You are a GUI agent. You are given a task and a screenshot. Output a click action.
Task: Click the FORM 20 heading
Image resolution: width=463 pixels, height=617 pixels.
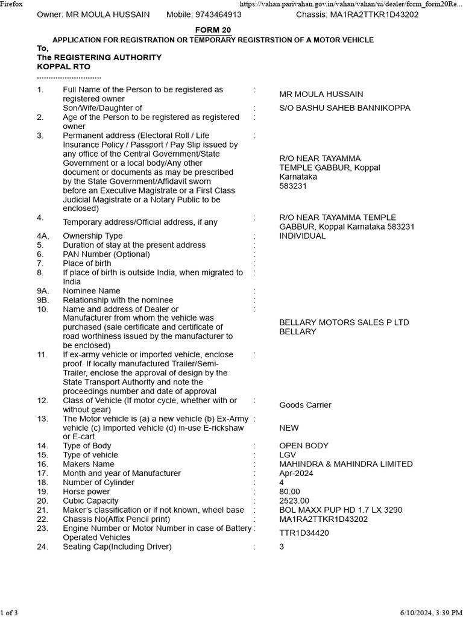tap(213, 30)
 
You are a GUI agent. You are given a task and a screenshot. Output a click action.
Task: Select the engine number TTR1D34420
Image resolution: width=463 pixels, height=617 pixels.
tap(304, 533)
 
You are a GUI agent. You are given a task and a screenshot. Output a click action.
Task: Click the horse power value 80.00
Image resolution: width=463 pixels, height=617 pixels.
tap(289, 492)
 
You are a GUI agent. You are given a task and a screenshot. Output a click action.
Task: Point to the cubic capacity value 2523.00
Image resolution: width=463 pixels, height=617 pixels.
tap(294, 501)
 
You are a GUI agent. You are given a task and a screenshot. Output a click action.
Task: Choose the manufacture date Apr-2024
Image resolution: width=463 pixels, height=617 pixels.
tap(297, 474)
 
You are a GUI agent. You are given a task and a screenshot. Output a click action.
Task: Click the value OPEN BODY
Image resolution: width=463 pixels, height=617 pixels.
tap(304, 446)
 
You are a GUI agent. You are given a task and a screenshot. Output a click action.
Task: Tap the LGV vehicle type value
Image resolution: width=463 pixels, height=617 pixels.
tap(288, 455)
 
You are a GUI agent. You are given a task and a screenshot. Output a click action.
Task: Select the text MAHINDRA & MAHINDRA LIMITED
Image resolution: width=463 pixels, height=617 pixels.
tap(346, 464)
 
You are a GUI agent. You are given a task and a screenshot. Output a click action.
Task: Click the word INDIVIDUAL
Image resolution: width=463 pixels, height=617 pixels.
tap(303, 236)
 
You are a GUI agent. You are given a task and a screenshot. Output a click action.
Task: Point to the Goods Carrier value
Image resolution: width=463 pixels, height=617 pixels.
tap(305, 405)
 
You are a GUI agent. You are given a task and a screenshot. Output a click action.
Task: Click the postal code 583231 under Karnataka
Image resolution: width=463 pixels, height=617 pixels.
tap(292, 186)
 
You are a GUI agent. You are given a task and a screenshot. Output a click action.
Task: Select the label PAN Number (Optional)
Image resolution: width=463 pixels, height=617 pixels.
tap(106, 254)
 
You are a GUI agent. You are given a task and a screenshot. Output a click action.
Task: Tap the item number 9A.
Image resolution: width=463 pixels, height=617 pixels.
tap(42, 291)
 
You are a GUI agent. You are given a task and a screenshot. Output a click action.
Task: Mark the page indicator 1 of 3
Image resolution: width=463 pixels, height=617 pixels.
tap(9, 613)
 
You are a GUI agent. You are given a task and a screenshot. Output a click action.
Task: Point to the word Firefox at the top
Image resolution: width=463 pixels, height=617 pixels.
tap(11, 4)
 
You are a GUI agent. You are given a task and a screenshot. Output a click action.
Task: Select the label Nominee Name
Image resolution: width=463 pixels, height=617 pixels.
tap(92, 291)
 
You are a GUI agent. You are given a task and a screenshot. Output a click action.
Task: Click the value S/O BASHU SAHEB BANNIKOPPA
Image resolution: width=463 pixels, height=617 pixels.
tap(345, 108)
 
